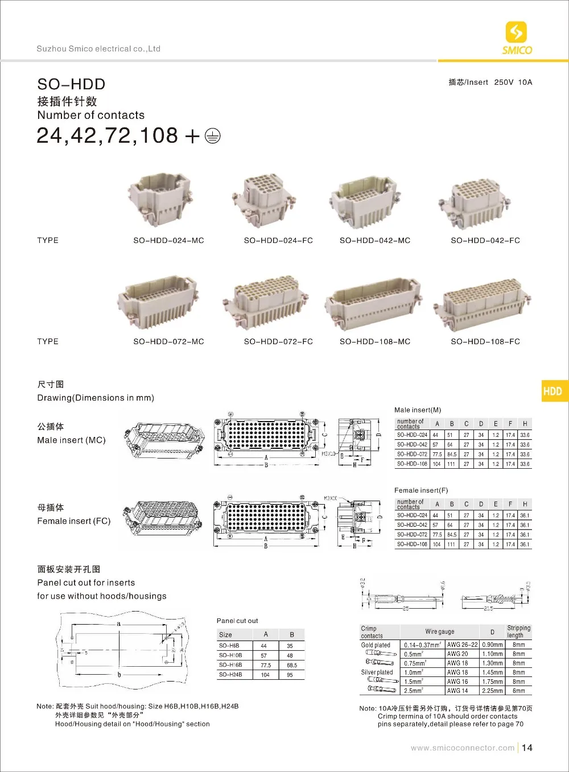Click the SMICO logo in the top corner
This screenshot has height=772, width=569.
click(x=517, y=38)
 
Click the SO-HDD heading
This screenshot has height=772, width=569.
click(x=71, y=84)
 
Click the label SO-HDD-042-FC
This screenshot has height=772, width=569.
click(x=485, y=241)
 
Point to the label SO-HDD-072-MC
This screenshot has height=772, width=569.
click(x=168, y=342)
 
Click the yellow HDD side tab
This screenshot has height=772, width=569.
click(x=552, y=391)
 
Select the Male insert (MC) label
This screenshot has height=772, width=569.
click(x=71, y=440)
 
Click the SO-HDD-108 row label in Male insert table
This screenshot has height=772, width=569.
click(x=412, y=464)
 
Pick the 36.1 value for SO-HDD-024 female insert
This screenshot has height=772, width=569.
click(x=525, y=515)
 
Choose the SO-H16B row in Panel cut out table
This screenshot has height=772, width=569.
click(x=230, y=665)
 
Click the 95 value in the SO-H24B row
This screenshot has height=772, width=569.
click(x=290, y=675)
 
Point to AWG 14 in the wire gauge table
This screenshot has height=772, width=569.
click(x=457, y=691)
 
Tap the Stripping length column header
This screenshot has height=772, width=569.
click(x=518, y=631)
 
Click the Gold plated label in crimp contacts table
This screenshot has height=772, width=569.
click(x=376, y=645)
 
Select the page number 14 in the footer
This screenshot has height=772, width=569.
click(x=527, y=748)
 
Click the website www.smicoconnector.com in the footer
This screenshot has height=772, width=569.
click(x=462, y=748)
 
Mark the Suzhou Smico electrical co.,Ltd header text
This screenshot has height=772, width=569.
click(x=98, y=49)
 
